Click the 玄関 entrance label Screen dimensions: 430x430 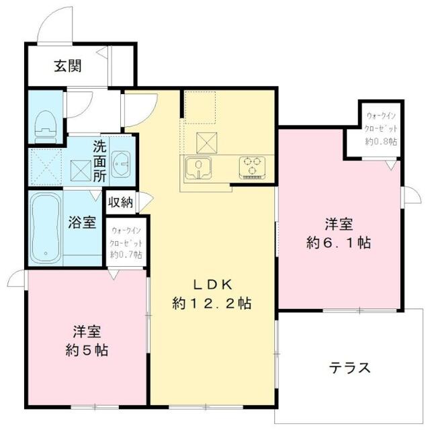[x=68, y=66]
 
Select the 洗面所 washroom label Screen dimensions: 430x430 [x=99, y=161]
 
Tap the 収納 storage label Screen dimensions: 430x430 [x=121, y=202]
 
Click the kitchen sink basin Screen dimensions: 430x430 [x=198, y=166]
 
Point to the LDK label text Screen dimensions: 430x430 [x=212, y=284]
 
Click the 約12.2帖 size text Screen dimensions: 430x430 [x=212, y=304]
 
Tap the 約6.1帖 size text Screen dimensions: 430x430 [x=339, y=243]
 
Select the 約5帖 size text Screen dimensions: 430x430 [x=87, y=350]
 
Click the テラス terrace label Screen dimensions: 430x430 [x=349, y=368]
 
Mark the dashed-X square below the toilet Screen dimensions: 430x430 [x=46, y=167]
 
